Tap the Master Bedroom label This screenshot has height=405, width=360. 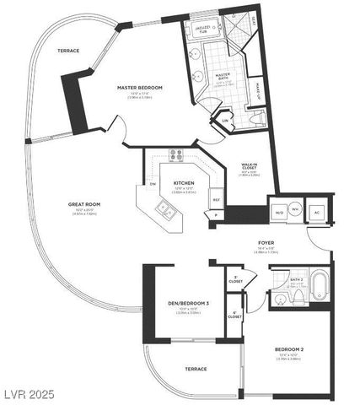(139, 89)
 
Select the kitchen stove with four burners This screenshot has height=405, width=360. (177, 155)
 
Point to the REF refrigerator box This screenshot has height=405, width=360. (216, 200)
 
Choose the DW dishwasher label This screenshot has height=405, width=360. (153, 184)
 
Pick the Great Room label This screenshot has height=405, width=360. (84, 204)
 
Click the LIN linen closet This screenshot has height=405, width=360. (225, 121)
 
